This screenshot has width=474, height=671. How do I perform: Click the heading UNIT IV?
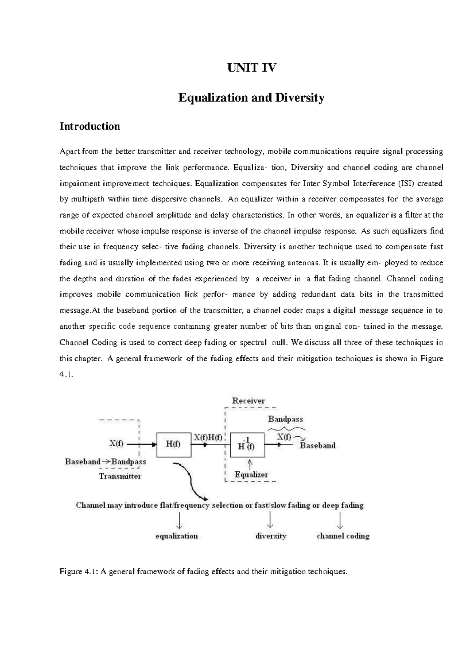pos(251,68)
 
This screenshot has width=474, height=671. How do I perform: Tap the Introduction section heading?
pos(90,126)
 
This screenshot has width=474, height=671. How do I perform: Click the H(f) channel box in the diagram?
pos(174,444)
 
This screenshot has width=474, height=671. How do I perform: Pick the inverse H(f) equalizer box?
pos(247,445)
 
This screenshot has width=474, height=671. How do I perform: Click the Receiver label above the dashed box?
pos(248,400)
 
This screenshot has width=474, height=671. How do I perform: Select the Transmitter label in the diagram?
pos(120,476)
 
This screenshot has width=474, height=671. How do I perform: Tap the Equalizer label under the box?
pos(251,475)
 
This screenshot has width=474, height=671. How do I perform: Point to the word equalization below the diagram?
pos(177,536)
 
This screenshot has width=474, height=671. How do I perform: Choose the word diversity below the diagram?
pos(271,536)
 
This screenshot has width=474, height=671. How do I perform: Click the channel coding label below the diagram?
pos(343,536)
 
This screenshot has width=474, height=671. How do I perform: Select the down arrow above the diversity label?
pos(270,520)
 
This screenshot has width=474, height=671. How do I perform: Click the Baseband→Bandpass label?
pos(105,461)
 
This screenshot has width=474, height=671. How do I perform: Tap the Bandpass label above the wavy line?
pos(286,419)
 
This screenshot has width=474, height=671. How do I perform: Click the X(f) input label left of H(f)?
pos(117,443)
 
